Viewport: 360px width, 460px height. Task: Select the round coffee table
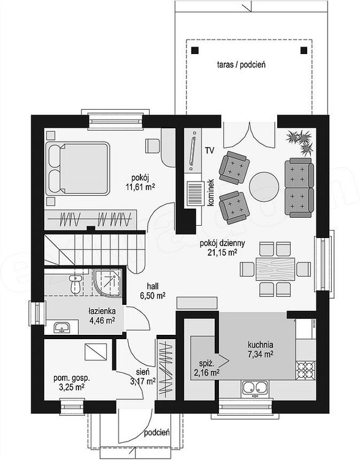click(x=264, y=183)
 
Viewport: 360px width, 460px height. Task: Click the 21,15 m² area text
click(x=222, y=253)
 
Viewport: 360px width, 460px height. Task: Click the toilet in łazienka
click(x=74, y=283)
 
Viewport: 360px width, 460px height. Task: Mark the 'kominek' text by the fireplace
click(x=210, y=192)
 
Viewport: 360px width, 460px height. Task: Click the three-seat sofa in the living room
click(x=301, y=186)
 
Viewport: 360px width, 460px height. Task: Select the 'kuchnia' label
click(x=261, y=344)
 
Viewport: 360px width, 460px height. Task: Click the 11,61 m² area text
click(x=140, y=186)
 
